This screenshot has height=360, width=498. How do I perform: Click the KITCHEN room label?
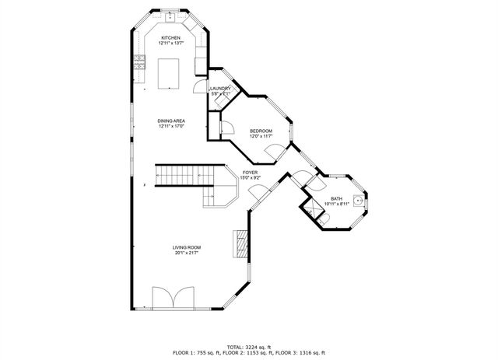tap(170, 38)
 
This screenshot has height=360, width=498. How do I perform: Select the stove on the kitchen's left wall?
tap(140, 65)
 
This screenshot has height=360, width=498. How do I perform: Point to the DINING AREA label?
tap(170, 121)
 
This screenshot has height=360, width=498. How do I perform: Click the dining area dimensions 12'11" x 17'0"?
tap(170, 127)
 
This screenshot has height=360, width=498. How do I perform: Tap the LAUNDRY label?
tap(220, 89)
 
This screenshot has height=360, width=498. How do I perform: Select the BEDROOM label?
tap(261, 131)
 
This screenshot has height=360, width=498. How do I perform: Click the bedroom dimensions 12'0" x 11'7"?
tap(261, 137)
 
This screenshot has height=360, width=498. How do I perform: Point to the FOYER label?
tap(250, 172)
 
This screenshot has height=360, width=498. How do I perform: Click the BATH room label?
tap(336, 198)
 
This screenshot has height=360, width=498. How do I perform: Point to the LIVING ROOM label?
tap(187, 247)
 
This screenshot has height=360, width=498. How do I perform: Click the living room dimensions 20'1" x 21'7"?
tap(187, 253)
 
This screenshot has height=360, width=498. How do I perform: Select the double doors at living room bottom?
tap(171, 299)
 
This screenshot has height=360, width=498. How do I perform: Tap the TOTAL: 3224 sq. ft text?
tap(249, 346)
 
